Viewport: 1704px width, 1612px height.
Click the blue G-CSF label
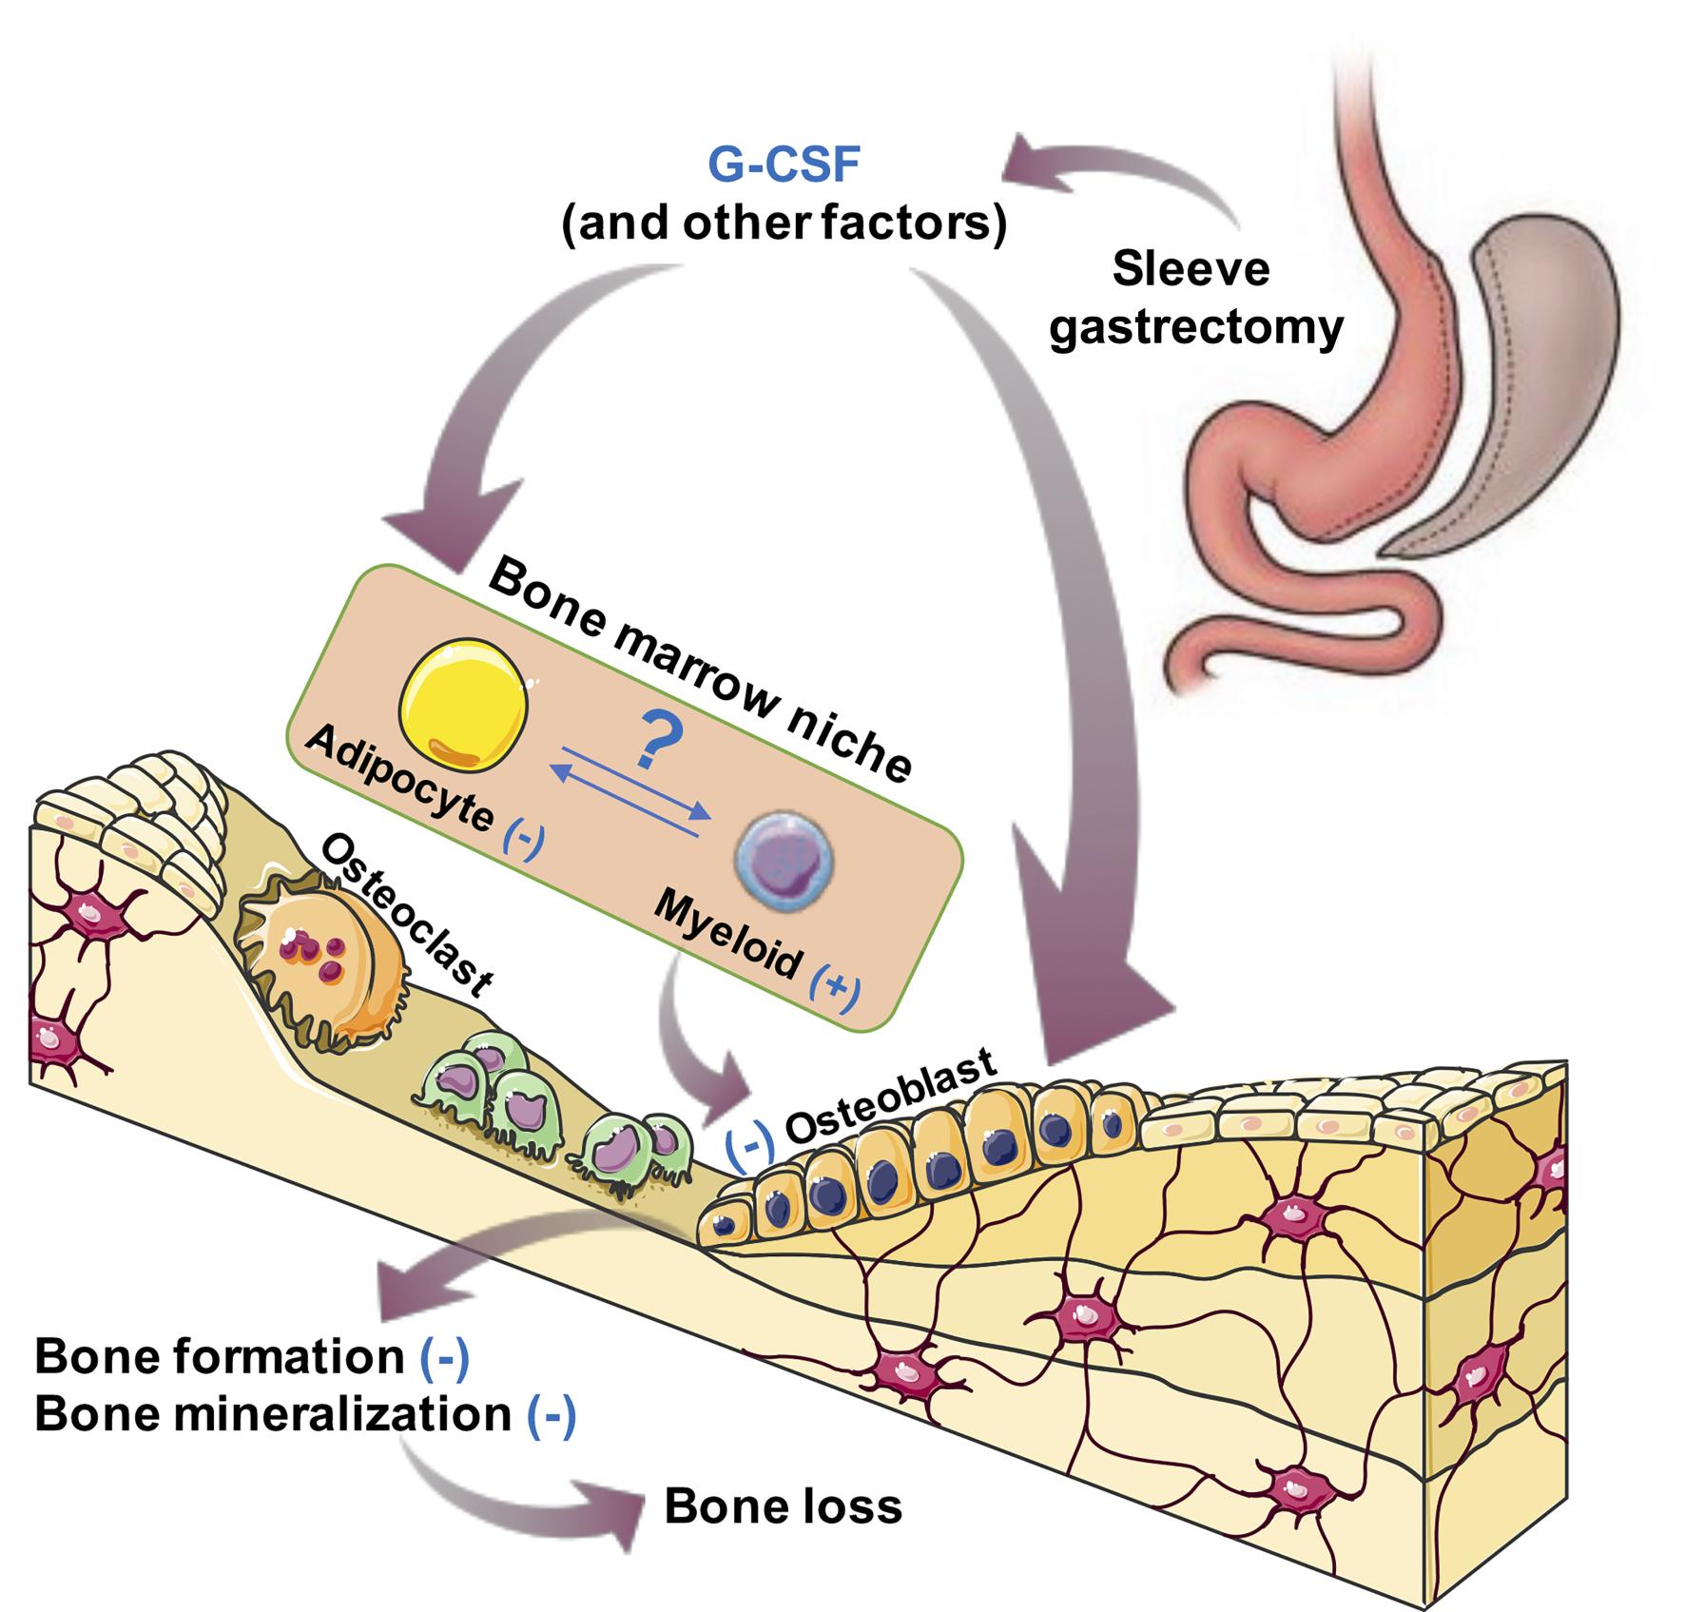coord(784,164)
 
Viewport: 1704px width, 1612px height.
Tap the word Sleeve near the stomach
coord(1191,268)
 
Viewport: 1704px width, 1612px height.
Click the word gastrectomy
coord(1196,328)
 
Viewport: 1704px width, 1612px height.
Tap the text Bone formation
coord(220,1357)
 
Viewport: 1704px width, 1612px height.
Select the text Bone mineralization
coord(273,1414)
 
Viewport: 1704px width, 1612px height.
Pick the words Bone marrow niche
coord(699,666)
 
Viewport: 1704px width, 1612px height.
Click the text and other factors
coord(784,224)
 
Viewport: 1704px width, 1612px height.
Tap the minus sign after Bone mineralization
coord(551,1414)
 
